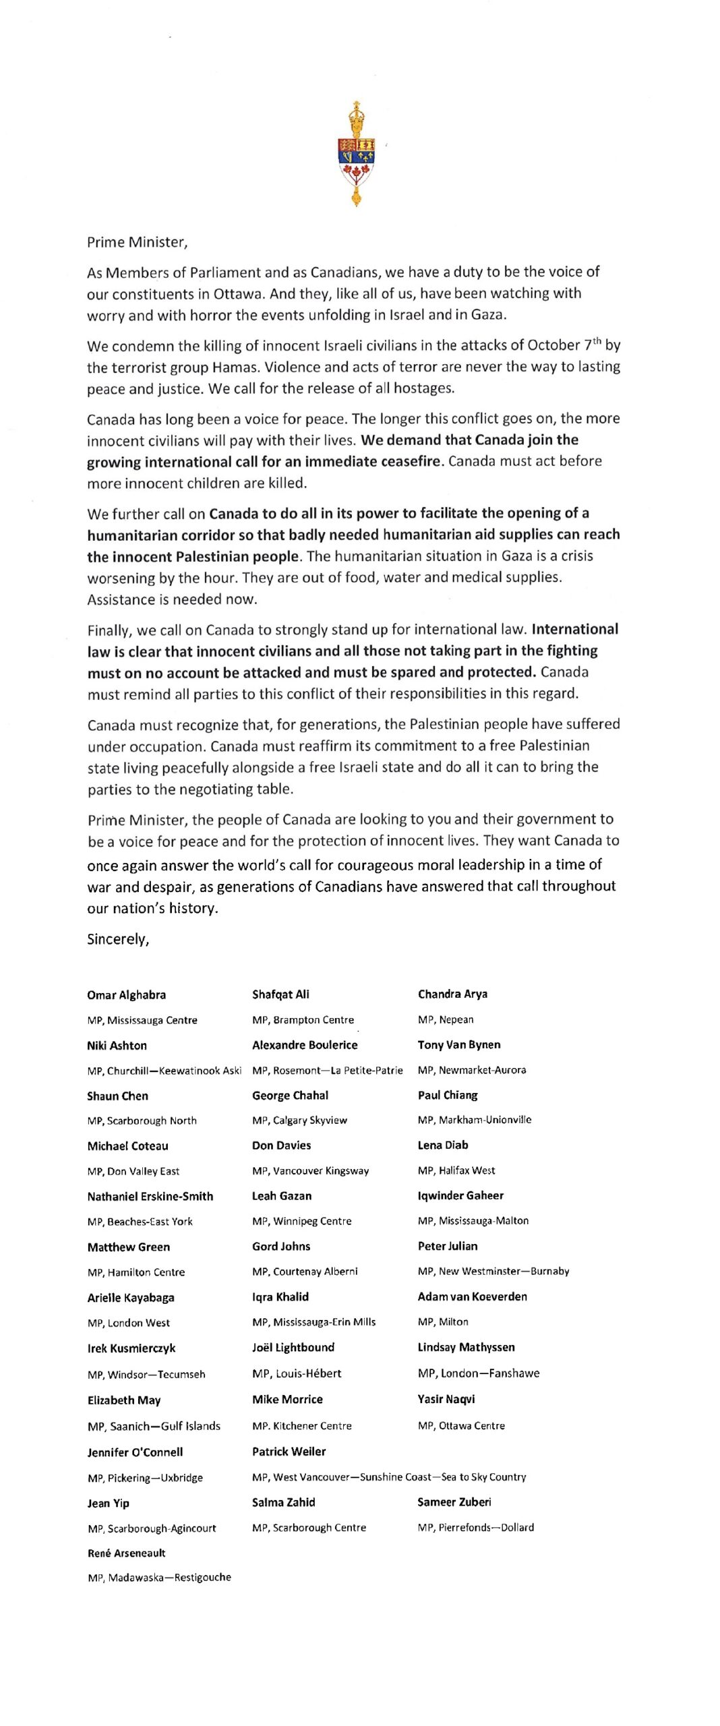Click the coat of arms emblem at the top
[356, 154]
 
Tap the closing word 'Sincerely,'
[118, 939]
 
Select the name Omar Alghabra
[126, 994]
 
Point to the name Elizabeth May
[124, 1400]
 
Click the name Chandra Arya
[452, 994]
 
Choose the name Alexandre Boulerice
[305, 1044]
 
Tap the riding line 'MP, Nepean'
[446, 1019]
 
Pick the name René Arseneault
[126, 1553]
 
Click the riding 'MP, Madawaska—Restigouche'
[159, 1577]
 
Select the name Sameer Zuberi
[454, 1501]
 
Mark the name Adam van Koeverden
[472, 1296]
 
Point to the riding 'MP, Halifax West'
[456, 1170]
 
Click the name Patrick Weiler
[289, 1451]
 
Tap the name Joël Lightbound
[293, 1347]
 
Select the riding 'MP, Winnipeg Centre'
[302, 1221]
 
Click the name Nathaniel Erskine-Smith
[150, 1196]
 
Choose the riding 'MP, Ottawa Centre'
[461, 1425]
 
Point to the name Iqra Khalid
[280, 1297]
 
